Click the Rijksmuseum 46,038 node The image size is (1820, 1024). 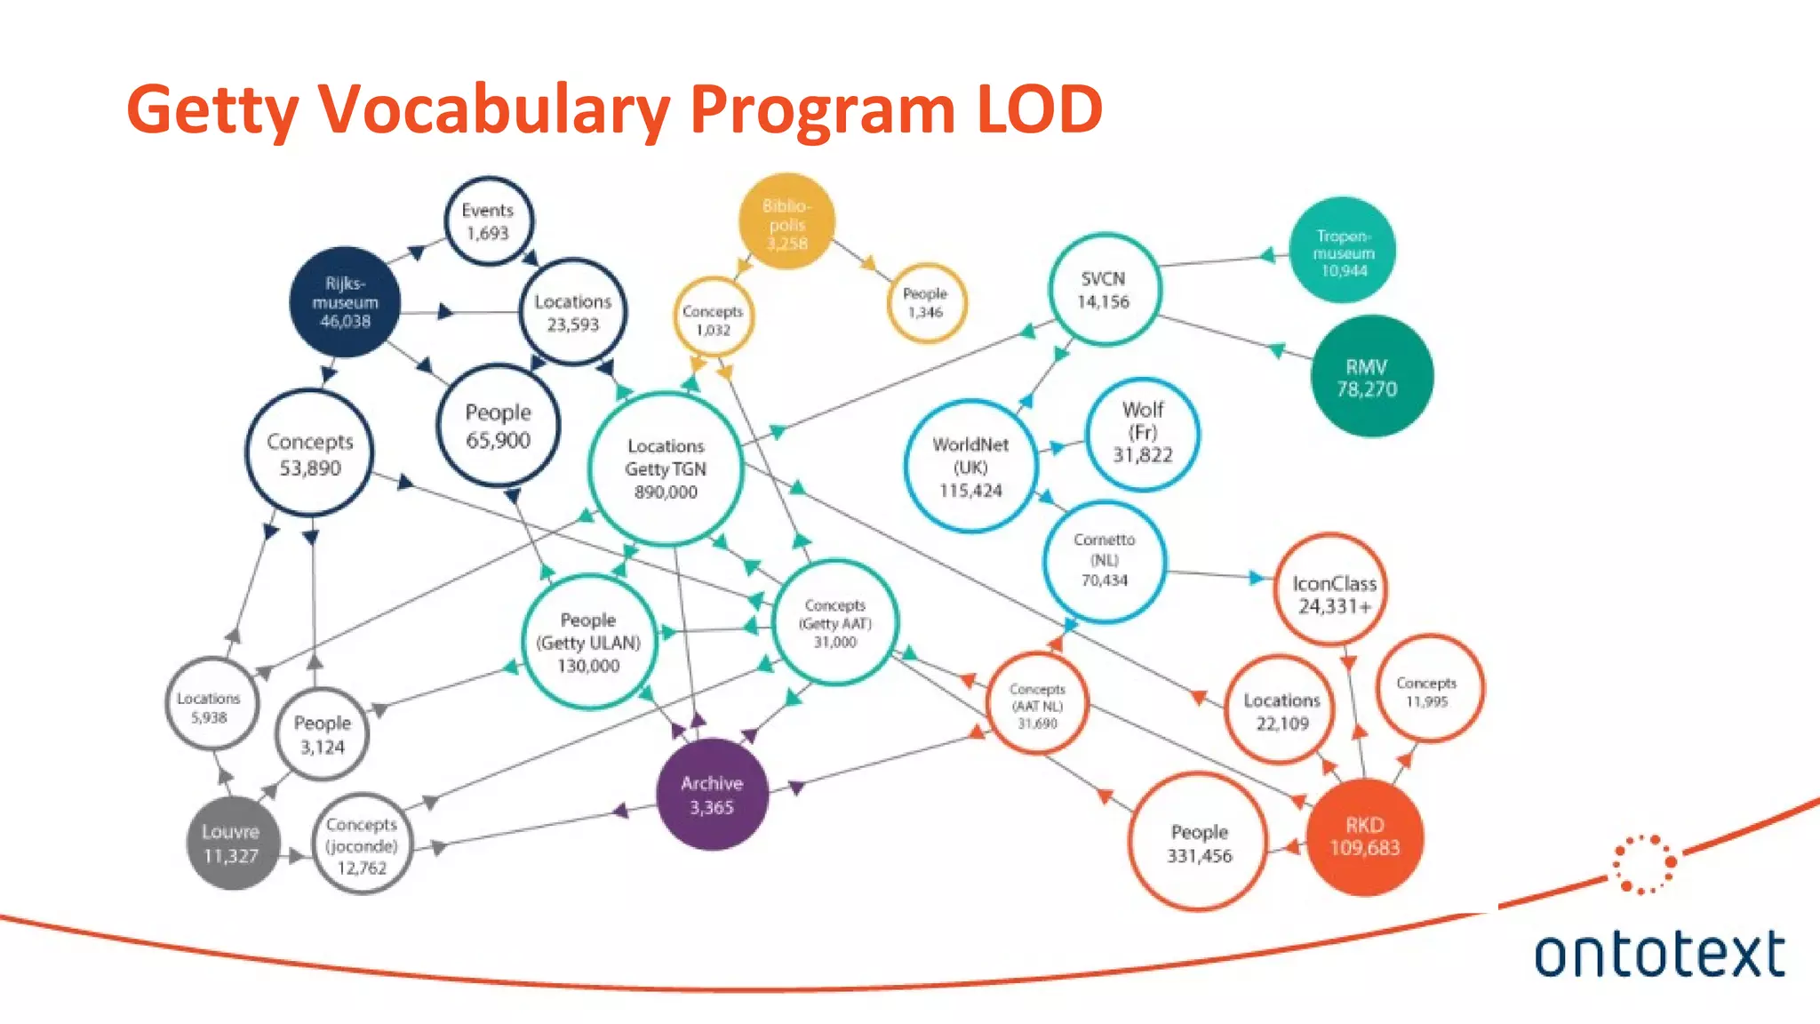tap(345, 302)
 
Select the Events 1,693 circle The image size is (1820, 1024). tap(488, 221)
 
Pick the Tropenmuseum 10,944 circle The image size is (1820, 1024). tap(1343, 252)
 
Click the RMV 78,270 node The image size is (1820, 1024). tap(1371, 377)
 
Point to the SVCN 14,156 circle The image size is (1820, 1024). tap(1104, 290)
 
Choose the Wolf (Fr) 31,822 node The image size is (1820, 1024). tap(1143, 433)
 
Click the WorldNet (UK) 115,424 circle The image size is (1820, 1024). tap(970, 467)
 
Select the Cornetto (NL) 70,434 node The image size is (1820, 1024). tap(1104, 560)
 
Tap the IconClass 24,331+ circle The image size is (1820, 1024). tap(1333, 594)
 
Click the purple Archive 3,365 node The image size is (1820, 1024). tap(712, 795)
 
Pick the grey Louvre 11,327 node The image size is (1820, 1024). tap(232, 844)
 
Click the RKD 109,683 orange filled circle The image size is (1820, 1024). tap(1364, 836)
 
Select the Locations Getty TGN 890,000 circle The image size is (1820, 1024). tap(666, 468)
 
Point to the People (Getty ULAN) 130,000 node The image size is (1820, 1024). tap(588, 643)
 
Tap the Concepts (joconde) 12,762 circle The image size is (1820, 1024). tap(362, 845)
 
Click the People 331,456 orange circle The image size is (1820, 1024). tap(1199, 843)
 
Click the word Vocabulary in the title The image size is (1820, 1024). tap(495, 110)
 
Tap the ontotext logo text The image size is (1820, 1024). tap(1659, 955)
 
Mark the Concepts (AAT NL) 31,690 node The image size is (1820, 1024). tap(1037, 706)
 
